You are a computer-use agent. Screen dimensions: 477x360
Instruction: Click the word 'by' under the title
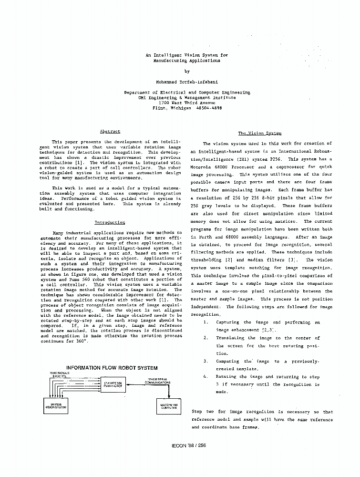click(187, 71)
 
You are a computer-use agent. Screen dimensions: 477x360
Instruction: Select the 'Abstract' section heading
click(110, 131)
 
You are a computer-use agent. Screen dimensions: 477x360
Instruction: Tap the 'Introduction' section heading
click(110, 222)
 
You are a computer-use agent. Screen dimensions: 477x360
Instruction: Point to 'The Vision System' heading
click(259, 133)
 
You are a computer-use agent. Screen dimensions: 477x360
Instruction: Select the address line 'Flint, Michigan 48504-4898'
click(187, 108)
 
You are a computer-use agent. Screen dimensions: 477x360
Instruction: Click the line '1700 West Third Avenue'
click(187, 103)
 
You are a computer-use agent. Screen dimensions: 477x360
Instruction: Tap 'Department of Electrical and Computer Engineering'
click(187, 92)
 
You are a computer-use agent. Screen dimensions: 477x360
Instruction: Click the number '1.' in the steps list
click(206, 322)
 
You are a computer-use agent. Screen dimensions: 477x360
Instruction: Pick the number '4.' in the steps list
click(206, 376)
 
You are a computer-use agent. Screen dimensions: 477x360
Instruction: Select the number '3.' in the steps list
click(206, 361)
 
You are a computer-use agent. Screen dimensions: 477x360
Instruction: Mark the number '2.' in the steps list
click(206, 338)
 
